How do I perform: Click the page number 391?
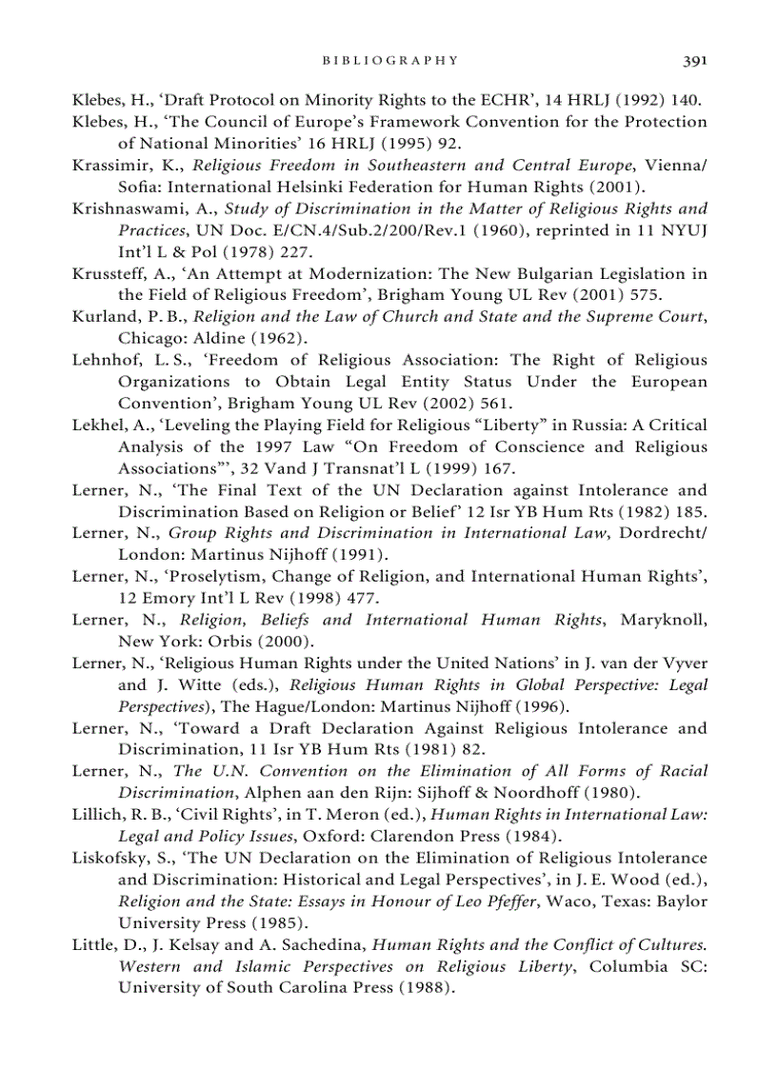[x=694, y=60]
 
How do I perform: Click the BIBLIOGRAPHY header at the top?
[x=390, y=60]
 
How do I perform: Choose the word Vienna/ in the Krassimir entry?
[x=676, y=165]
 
